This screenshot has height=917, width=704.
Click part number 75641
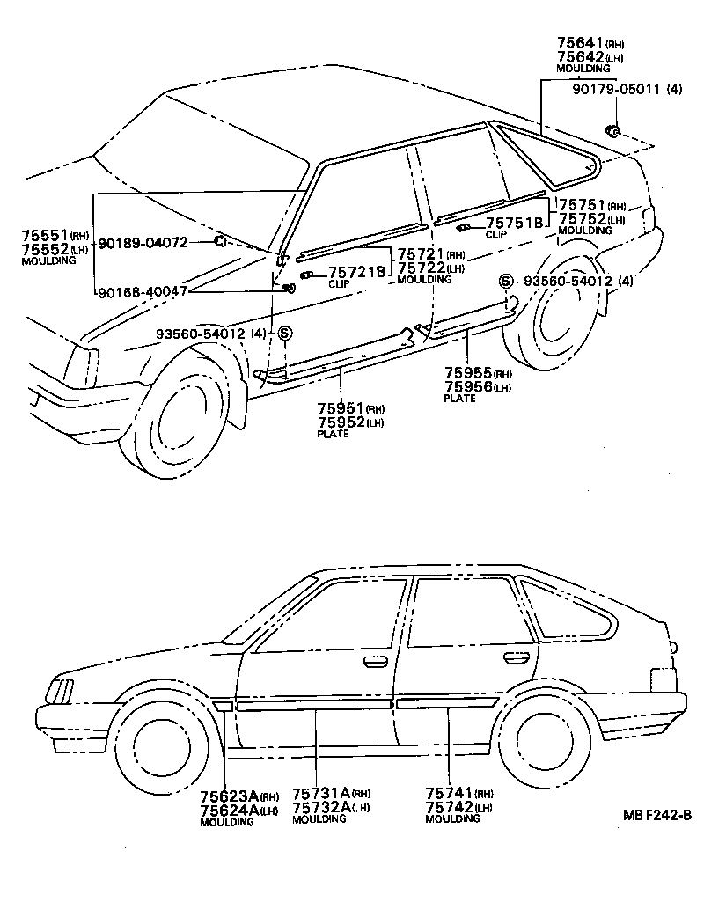(577, 41)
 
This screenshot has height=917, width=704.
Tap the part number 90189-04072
(142, 242)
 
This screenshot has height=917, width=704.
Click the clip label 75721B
(356, 272)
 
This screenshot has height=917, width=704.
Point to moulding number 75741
(448, 793)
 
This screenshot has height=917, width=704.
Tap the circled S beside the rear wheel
(505, 281)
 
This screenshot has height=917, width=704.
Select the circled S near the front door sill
(284, 333)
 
